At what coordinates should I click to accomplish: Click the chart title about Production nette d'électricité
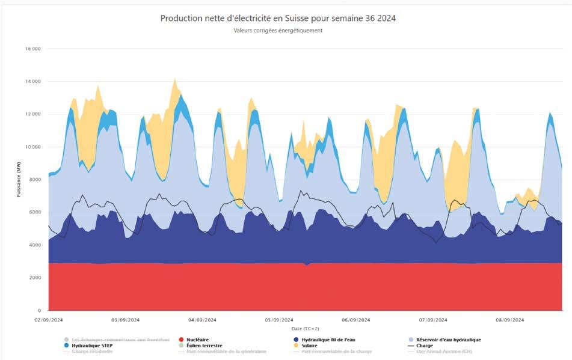pos(278,18)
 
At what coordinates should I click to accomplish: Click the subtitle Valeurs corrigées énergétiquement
pos(278,31)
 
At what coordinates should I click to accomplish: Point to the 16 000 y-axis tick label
pos(32,49)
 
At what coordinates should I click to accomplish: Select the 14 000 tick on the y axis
pos(32,81)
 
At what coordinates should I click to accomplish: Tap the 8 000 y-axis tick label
pos(33,179)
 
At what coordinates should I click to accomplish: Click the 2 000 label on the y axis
pos(33,278)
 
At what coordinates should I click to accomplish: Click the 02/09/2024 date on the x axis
pos(49,320)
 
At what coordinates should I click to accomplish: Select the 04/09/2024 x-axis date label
pos(202,320)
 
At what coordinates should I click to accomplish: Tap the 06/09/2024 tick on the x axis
pos(355,320)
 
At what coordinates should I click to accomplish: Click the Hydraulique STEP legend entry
pos(91,346)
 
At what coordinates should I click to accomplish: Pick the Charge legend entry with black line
pos(424,346)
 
